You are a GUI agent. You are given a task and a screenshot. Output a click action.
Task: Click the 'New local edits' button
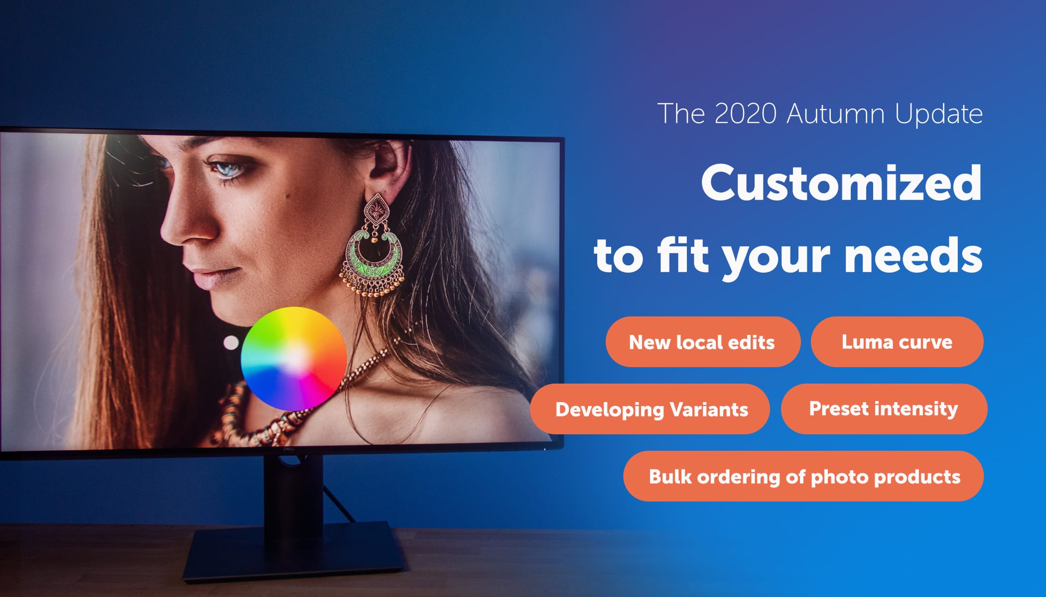click(x=703, y=342)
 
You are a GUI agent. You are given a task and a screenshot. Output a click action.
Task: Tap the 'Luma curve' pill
click(x=897, y=342)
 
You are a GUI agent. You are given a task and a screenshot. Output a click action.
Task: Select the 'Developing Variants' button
click(x=650, y=409)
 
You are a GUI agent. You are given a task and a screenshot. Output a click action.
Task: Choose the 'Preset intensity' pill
click(x=884, y=409)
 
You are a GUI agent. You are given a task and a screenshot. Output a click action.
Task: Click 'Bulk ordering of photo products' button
click(x=803, y=476)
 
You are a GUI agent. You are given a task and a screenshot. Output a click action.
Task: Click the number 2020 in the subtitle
click(x=745, y=113)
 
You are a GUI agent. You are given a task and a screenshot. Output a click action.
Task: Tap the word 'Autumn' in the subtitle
click(x=836, y=113)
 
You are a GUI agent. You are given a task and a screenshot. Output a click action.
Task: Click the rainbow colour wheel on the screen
click(x=293, y=358)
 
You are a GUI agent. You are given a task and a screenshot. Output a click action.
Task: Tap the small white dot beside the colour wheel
click(x=231, y=342)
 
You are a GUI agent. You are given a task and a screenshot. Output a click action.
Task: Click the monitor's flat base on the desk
click(x=294, y=552)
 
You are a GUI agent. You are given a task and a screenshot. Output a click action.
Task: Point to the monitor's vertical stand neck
click(x=293, y=490)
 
